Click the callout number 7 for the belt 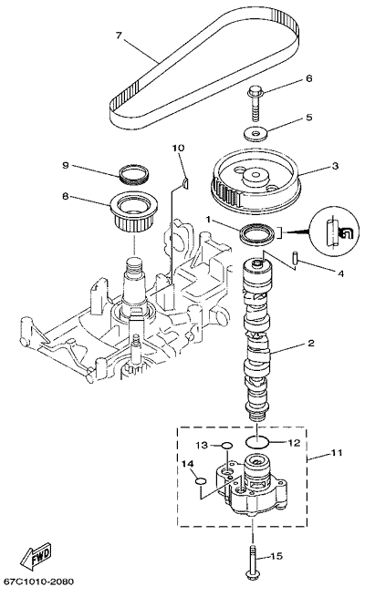[119, 36]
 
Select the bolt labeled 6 [255, 102]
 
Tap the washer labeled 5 [255, 133]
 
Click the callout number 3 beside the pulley [335, 166]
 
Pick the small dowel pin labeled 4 [296, 256]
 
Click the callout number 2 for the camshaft [311, 343]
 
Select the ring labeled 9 [134, 173]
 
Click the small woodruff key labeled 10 [185, 183]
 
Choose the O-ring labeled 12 [257, 442]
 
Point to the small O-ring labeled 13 [226, 445]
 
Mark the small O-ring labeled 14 [201, 481]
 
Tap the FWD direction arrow [36, 554]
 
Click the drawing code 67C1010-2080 [38, 582]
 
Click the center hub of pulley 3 [255, 176]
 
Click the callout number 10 [178, 148]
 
